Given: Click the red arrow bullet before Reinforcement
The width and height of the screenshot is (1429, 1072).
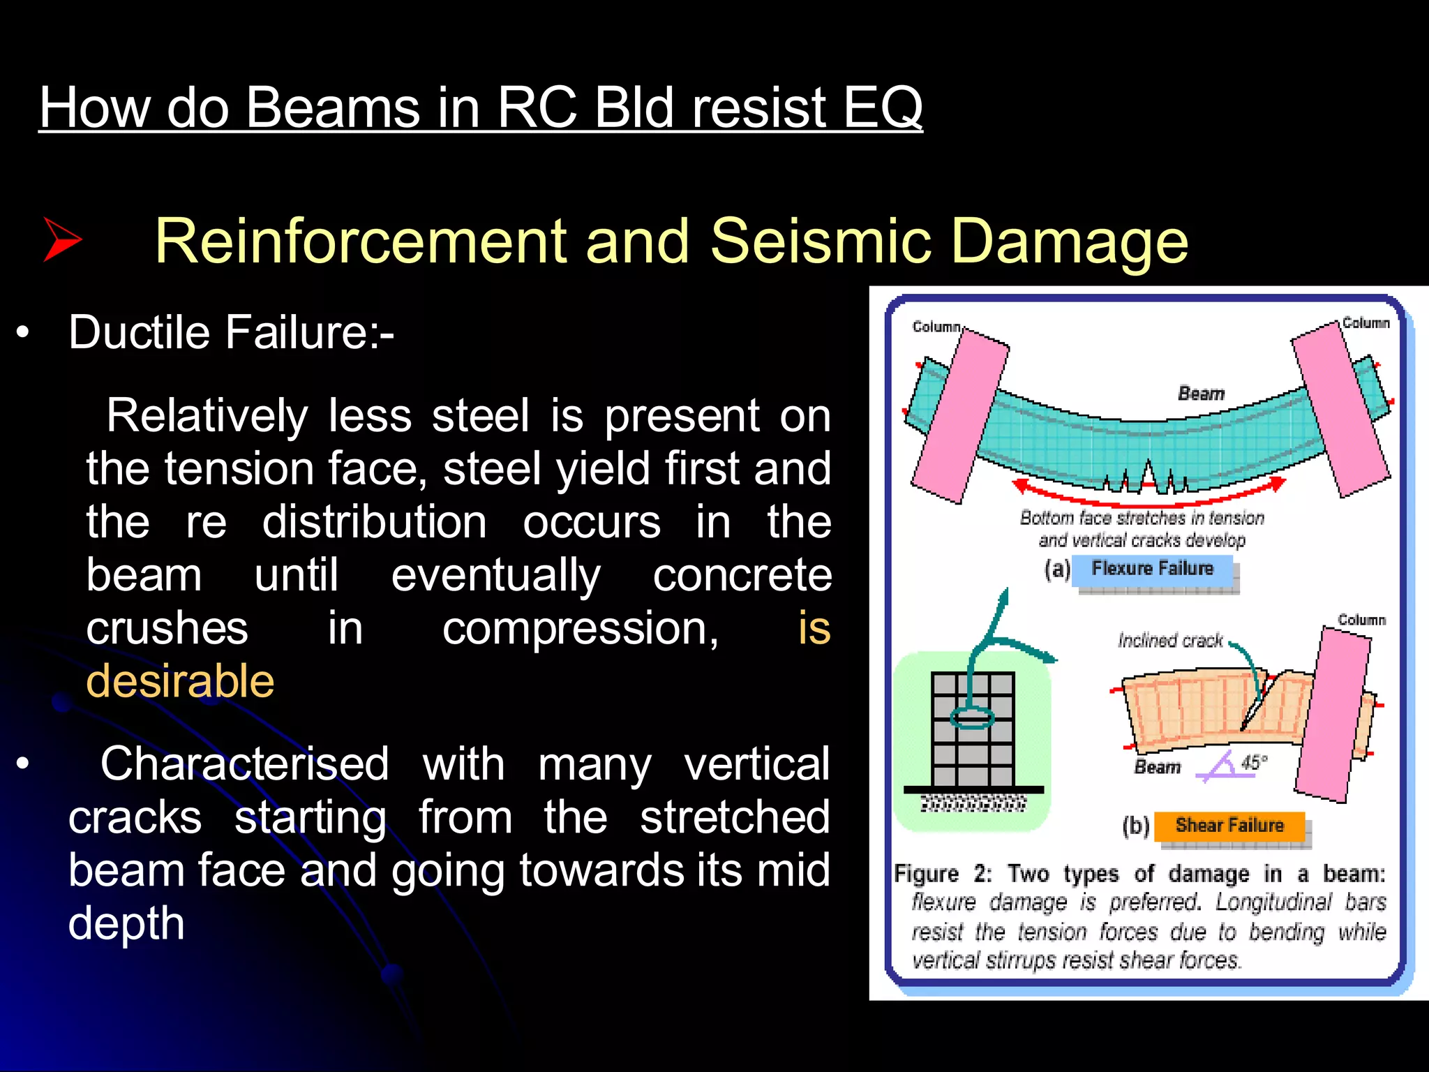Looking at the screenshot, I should point(63,239).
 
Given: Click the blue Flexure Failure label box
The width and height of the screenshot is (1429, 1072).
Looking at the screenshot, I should point(1152,569).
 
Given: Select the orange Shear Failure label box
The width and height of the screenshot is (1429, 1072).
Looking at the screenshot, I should point(1229,826).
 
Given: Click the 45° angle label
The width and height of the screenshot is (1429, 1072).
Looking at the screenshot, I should point(1254,762).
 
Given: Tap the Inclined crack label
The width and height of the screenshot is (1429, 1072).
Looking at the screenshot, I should point(1170,641).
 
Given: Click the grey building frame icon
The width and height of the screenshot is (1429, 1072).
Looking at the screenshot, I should point(973,729).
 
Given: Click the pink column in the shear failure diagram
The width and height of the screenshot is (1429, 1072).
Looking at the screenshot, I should point(1333,715).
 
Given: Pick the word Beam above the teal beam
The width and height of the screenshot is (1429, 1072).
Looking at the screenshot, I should point(1201,394).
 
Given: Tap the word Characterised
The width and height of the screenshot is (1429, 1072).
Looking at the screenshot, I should point(244,764).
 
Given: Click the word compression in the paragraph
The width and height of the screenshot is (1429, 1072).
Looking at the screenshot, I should point(580,628).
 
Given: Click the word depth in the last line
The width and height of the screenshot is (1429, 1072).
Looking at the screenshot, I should point(126,923).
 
